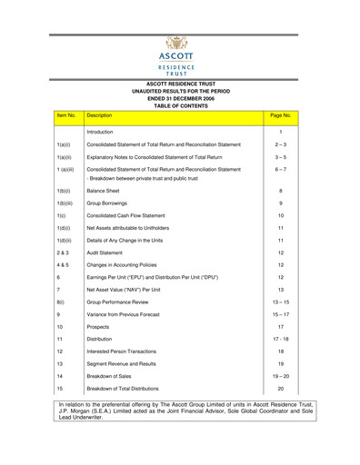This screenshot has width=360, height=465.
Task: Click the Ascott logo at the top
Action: click(x=180, y=55)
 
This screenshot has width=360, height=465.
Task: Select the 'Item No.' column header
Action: click(x=65, y=116)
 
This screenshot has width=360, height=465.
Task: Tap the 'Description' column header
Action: click(x=97, y=116)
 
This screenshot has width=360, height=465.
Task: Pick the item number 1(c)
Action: click(x=61, y=215)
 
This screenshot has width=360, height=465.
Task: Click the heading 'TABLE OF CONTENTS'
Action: click(x=180, y=105)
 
